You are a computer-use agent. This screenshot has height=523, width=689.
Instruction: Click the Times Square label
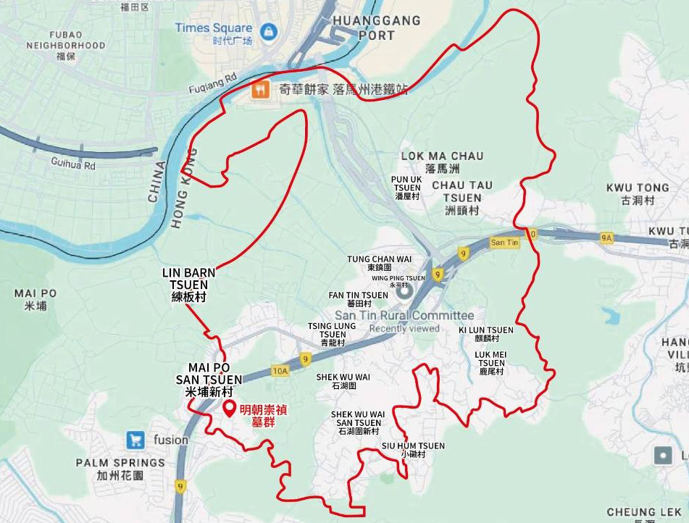tap(213, 28)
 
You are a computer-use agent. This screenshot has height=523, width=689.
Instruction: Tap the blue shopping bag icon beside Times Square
tap(269, 32)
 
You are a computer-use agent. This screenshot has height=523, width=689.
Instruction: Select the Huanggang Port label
tap(376, 28)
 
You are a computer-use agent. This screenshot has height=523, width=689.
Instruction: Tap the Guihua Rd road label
tap(73, 164)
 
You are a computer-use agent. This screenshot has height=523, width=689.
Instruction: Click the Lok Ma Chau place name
tap(443, 156)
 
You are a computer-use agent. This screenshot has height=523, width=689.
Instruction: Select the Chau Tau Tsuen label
tap(462, 191)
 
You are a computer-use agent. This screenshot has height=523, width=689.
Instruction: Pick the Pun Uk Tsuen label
tap(406, 188)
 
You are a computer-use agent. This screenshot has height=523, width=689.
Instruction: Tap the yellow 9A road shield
tap(606, 237)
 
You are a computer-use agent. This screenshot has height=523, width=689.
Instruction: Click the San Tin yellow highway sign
tap(504, 242)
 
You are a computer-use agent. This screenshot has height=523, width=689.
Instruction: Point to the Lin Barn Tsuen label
tap(189, 285)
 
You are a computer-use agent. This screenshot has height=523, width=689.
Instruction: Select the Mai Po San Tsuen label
tap(209, 378)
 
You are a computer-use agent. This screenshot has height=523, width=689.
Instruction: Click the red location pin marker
tap(230, 409)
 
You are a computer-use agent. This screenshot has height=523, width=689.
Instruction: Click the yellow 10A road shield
tap(280, 372)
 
